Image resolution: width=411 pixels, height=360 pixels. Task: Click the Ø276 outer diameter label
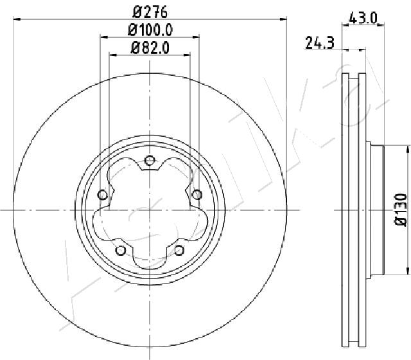coord(150,12)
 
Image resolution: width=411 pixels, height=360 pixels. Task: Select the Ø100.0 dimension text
coord(150,30)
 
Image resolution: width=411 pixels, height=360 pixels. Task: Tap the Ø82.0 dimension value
coord(150,48)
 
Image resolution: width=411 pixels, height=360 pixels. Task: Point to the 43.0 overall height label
coord(363,19)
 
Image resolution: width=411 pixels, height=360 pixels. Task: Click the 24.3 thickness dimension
coord(320,43)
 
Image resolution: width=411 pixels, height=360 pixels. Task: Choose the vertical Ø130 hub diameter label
coord(401,210)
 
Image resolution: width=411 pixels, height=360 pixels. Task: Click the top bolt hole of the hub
coord(150,160)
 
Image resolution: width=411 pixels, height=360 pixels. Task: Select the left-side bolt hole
coord(103,195)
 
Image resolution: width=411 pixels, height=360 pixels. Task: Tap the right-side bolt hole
coord(197,195)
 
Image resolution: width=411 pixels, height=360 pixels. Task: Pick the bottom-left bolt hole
coord(121,250)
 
